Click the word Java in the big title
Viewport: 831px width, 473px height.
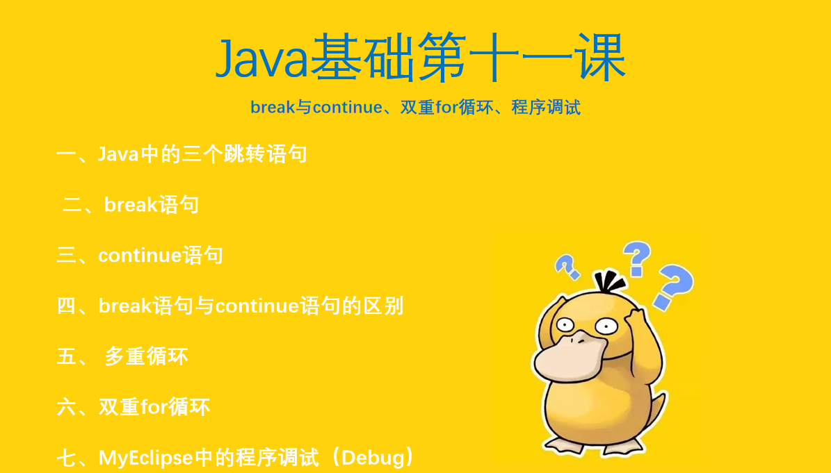coord(261,58)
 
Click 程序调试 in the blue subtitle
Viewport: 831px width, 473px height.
coord(546,108)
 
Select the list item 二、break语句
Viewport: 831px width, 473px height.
coord(131,205)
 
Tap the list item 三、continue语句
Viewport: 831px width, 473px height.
coord(140,256)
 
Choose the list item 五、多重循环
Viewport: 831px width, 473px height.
coord(122,357)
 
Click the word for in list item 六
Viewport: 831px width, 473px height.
coord(154,407)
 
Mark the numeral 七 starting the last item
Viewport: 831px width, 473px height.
coord(67,458)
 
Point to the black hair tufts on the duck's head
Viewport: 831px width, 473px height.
coord(609,282)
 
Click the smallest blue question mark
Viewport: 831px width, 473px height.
coord(567,266)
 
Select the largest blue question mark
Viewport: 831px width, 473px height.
coord(672,286)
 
